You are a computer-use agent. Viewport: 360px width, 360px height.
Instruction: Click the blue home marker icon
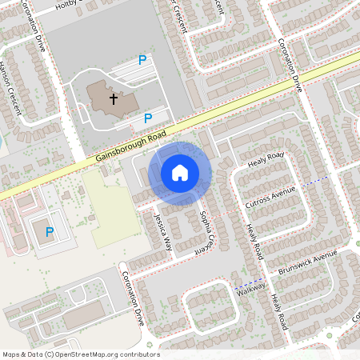180,171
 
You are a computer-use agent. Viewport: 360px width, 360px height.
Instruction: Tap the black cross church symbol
114,98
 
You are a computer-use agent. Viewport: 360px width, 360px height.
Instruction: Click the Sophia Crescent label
209,231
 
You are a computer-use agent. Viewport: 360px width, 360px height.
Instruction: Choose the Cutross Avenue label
271,196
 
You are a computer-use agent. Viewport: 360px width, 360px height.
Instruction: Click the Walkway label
250,290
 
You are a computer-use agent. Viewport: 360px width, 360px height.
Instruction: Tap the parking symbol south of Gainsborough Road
49,232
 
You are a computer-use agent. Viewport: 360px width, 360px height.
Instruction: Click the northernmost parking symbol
142,60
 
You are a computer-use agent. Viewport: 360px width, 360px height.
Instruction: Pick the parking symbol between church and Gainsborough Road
147,118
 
